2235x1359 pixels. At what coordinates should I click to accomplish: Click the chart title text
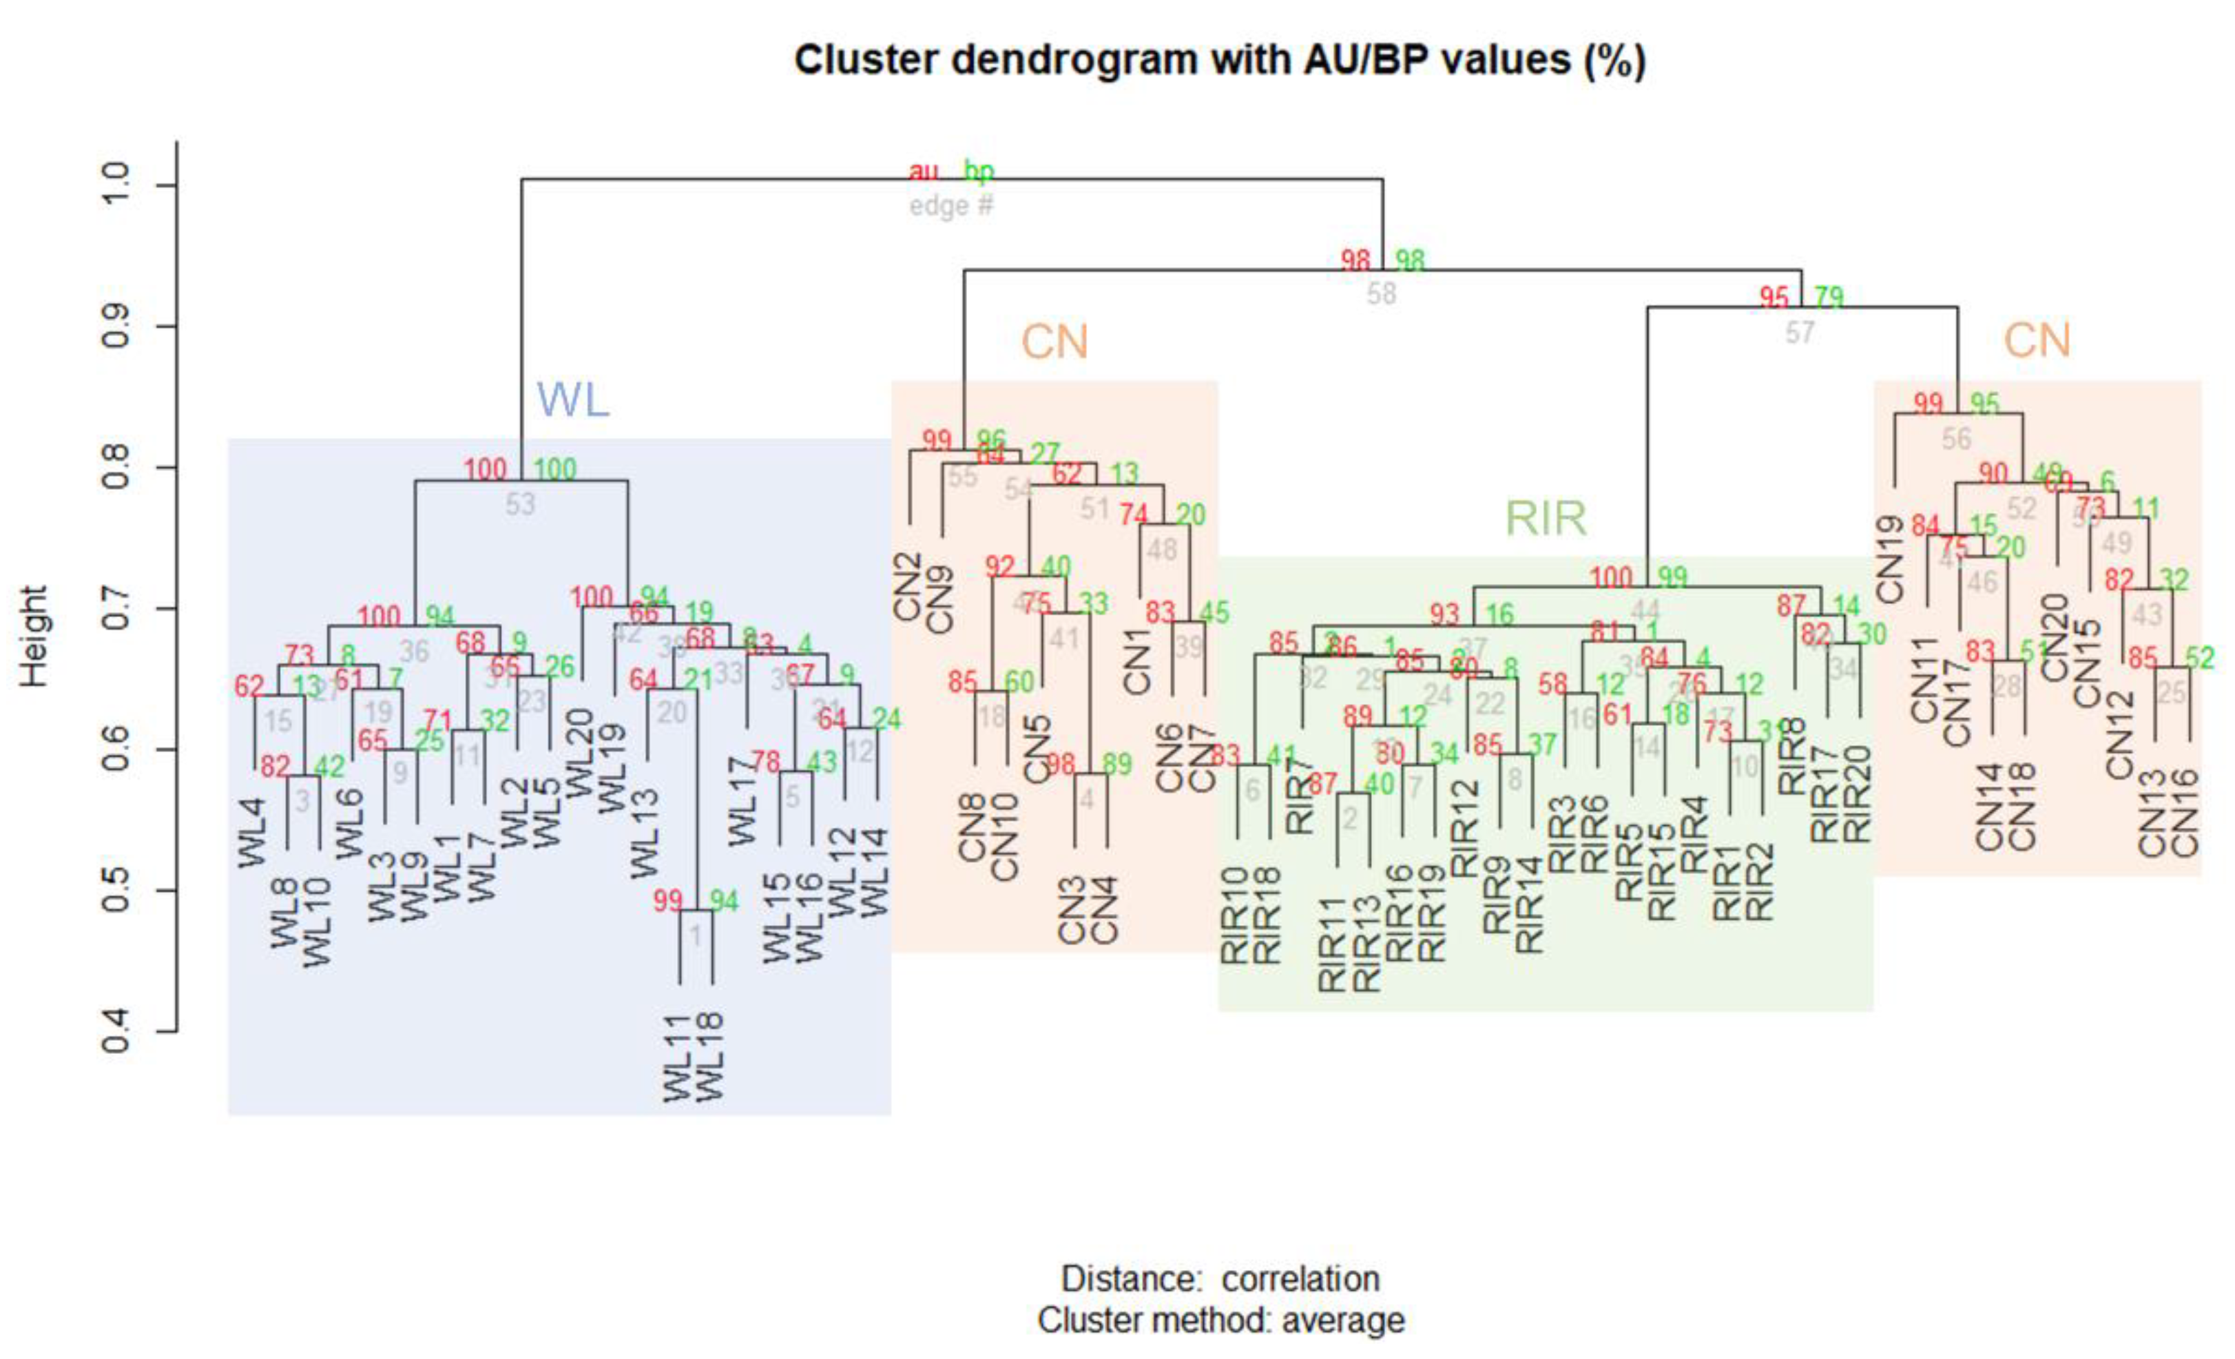point(1219,61)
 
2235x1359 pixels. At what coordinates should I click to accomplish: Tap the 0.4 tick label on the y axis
point(118,1032)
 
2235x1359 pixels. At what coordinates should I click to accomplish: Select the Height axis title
point(34,636)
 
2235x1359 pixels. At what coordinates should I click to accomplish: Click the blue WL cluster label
point(572,400)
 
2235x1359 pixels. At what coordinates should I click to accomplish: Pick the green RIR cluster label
point(1546,519)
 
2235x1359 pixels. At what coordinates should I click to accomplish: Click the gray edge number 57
point(1800,333)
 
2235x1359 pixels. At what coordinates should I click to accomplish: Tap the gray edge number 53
point(520,504)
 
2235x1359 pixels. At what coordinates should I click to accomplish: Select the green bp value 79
point(1829,298)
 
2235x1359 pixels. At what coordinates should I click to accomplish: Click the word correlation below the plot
point(1300,1278)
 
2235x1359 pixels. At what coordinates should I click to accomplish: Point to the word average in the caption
point(1342,1320)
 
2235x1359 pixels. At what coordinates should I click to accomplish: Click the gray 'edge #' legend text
point(951,207)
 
